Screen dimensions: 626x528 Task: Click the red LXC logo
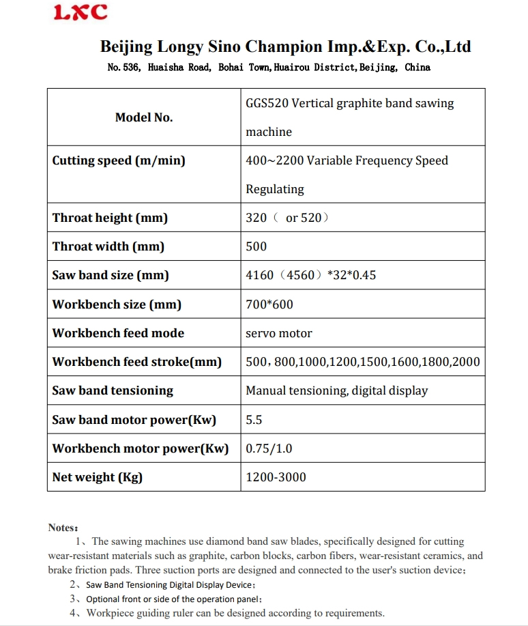pyautogui.click(x=80, y=12)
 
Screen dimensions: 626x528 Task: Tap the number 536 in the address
pyautogui.click(x=131, y=68)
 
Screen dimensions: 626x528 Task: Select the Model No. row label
pyautogui.click(x=144, y=117)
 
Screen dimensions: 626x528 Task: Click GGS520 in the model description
pyautogui.click(x=267, y=103)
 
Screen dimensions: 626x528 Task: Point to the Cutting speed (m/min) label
pyautogui.click(x=119, y=161)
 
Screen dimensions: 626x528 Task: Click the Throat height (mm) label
pyautogui.click(x=110, y=218)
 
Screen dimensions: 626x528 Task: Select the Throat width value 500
pyautogui.click(x=256, y=247)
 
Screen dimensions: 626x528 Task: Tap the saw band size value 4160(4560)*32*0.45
pyautogui.click(x=311, y=276)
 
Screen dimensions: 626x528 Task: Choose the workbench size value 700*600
pyautogui.click(x=269, y=304)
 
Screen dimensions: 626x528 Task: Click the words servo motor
pyautogui.click(x=279, y=334)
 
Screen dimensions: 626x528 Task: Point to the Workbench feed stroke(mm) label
pyautogui.click(x=137, y=362)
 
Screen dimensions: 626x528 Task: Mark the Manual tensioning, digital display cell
pyautogui.click(x=337, y=391)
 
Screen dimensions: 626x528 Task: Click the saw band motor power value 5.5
pyautogui.click(x=254, y=420)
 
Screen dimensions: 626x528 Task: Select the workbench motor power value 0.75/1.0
pyautogui.click(x=269, y=449)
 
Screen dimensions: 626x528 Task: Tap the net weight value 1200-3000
pyautogui.click(x=276, y=477)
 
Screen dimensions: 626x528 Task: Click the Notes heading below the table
pyautogui.click(x=63, y=528)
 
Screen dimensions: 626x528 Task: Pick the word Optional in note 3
pyautogui.click(x=102, y=599)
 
